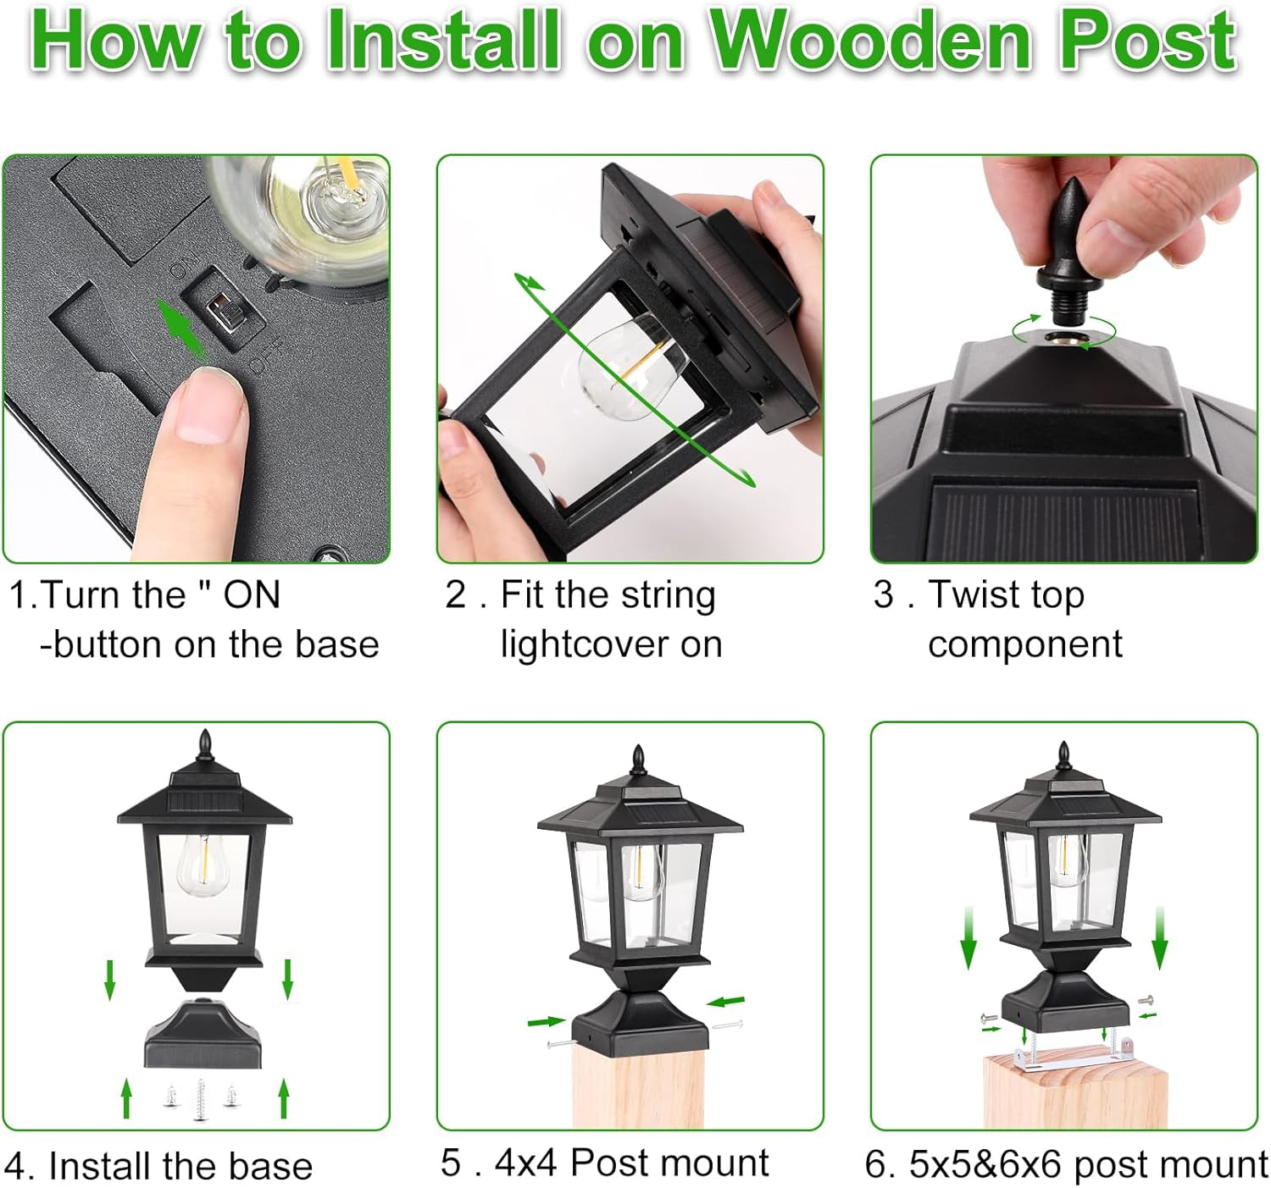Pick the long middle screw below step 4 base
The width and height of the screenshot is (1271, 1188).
tap(200, 1099)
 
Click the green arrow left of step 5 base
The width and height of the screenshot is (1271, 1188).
tap(545, 1022)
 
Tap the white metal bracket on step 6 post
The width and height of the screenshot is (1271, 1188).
tap(1071, 1056)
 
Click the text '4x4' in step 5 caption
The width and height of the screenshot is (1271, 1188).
tap(526, 1163)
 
